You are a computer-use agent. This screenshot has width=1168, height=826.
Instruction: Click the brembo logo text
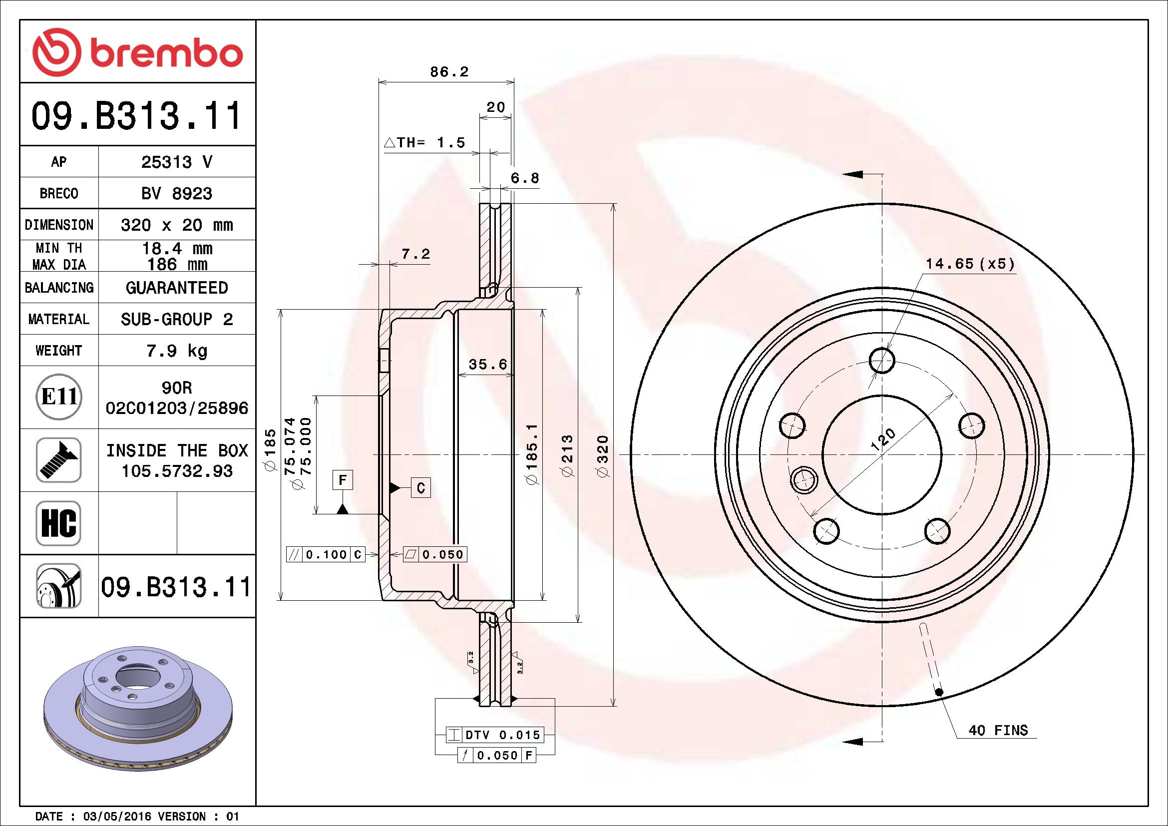coord(166,53)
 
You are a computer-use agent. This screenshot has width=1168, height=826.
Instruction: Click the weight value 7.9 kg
coord(176,351)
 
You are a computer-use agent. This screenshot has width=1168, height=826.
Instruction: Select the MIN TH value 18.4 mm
coord(176,248)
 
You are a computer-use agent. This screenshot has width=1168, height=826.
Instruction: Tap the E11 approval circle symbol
coord(59,397)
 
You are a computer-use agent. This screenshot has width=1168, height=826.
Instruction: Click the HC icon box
coord(58,523)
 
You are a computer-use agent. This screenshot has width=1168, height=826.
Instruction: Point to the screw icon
coord(58,460)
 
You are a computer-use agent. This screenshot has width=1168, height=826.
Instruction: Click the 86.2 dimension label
coord(449,72)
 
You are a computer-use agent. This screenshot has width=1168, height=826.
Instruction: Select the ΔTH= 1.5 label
coord(424,143)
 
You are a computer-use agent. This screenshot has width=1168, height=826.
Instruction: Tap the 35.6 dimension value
coord(487,364)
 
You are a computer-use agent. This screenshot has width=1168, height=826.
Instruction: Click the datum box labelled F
coord(343,479)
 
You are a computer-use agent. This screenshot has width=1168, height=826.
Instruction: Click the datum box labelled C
coord(420,488)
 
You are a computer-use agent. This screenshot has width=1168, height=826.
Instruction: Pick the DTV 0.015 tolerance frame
coord(494,735)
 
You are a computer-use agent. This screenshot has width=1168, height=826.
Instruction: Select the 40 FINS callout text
coord(998,731)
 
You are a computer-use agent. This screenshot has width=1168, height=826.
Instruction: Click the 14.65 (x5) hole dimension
coord(970,264)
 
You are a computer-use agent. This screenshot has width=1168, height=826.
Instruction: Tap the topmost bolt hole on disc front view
coord(881,361)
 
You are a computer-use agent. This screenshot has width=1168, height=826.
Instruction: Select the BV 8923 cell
coord(176,193)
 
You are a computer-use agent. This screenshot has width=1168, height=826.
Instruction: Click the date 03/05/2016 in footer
coord(116,817)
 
